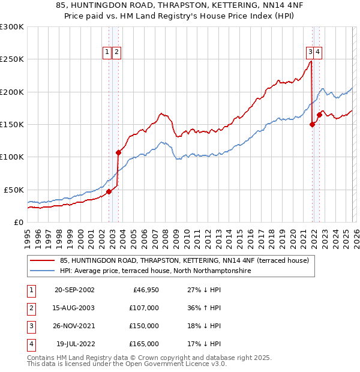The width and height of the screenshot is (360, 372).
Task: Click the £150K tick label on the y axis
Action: coord(12,124)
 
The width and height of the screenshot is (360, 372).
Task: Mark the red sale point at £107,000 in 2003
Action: coord(118,152)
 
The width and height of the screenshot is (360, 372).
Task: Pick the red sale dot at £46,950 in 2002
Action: coord(109,192)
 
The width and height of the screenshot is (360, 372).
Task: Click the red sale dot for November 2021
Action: coord(312,125)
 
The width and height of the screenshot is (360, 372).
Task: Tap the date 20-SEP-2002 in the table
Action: coord(74,290)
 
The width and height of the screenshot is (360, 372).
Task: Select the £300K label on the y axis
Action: coord(12,27)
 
